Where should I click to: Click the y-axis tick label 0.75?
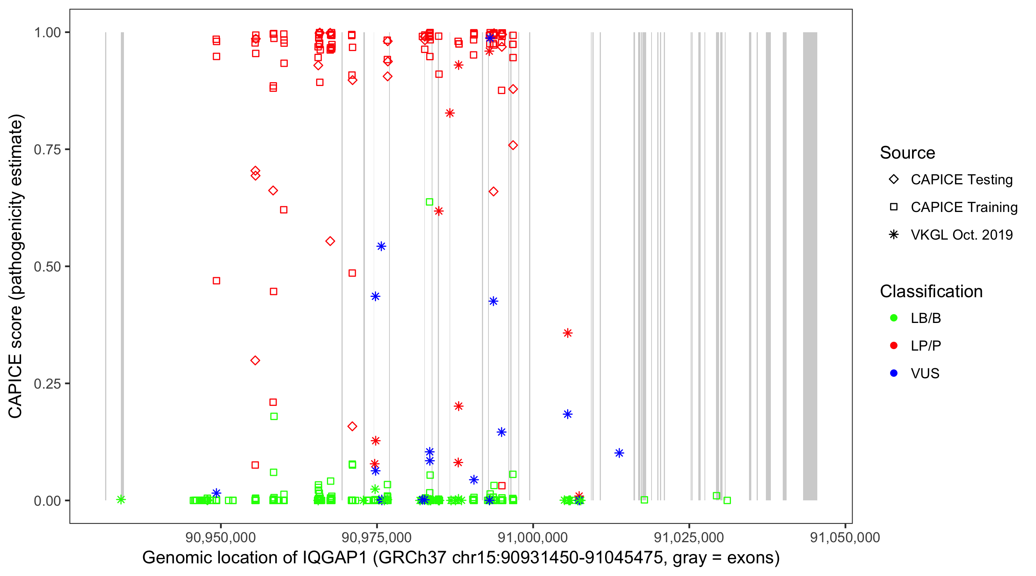click(47, 149)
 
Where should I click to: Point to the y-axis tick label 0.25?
click(47, 384)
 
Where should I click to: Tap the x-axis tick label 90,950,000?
click(220, 537)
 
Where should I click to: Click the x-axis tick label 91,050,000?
click(845, 537)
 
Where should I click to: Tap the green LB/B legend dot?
click(894, 318)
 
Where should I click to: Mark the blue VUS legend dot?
click(894, 373)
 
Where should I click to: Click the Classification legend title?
click(931, 291)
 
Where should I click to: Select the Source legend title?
click(907, 152)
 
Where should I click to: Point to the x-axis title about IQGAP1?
click(461, 558)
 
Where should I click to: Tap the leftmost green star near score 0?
click(120, 500)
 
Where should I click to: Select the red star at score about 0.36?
click(567, 333)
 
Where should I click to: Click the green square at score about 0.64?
click(429, 202)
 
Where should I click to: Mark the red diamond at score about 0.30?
click(255, 360)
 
